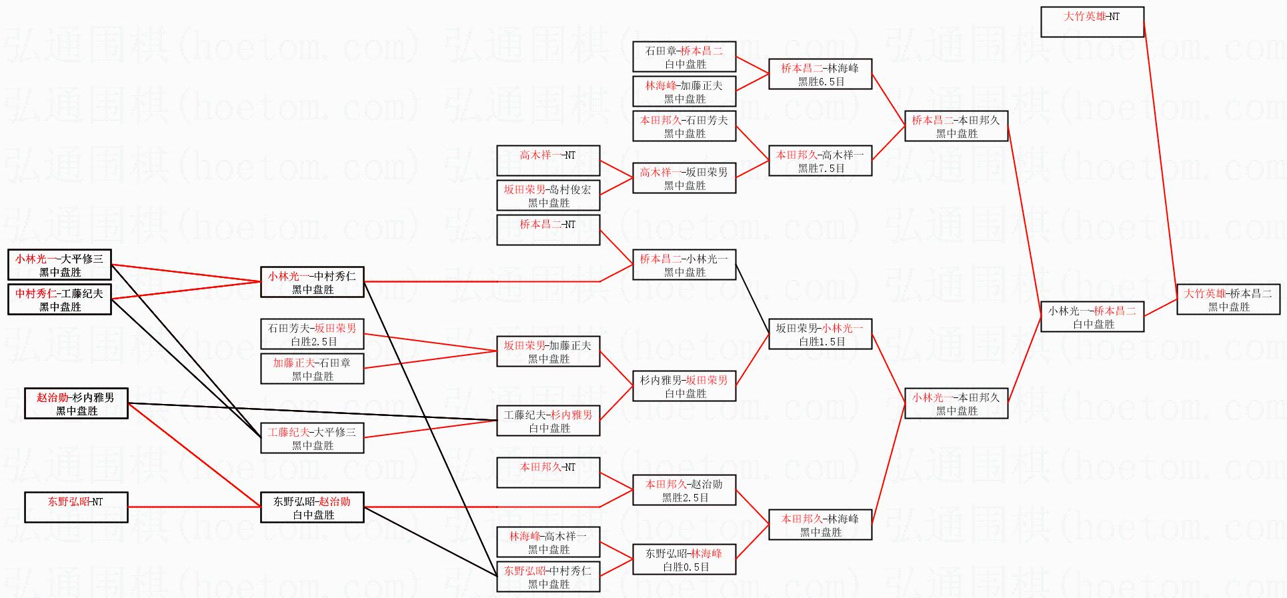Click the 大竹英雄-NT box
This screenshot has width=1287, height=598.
[x=1092, y=21]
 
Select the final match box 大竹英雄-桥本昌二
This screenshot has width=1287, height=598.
[x=1228, y=299]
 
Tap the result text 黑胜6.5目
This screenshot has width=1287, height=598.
[x=821, y=82]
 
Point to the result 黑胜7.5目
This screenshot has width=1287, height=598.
[x=821, y=169]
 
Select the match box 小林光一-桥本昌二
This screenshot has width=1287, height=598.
[x=1092, y=317]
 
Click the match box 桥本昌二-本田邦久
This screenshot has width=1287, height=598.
[x=956, y=126]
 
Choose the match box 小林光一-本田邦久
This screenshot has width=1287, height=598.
[x=956, y=403]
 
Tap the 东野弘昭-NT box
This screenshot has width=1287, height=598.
[x=75, y=507]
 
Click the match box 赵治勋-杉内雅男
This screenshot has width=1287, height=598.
[x=76, y=403]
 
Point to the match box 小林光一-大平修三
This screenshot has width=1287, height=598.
[x=59, y=265]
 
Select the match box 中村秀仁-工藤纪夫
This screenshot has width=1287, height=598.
[x=59, y=299]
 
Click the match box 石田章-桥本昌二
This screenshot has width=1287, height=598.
[x=684, y=57]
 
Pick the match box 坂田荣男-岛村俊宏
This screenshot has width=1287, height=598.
[x=547, y=195]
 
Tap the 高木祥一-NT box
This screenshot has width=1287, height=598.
[x=547, y=161]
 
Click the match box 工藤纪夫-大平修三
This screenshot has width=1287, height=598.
[x=312, y=438]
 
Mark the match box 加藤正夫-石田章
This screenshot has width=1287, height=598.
[x=312, y=369]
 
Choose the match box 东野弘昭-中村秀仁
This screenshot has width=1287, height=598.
[x=547, y=577]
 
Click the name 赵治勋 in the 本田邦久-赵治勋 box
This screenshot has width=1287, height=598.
[x=707, y=485]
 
